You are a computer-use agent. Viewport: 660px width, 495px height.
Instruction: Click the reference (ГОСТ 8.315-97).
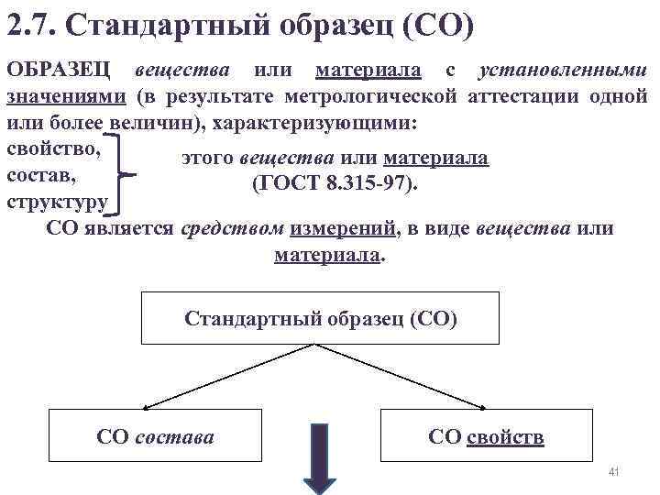(x=335, y=183)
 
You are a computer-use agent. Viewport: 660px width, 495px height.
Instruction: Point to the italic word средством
(x=234, y=228)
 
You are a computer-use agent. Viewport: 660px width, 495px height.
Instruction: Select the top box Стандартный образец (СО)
(x=320, y=318)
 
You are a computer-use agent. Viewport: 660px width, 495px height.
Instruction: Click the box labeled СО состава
(x=155, y=436)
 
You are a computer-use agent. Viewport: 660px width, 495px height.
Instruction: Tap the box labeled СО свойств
(x=486, y=436)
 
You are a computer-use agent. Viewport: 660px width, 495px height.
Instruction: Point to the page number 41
(x=614, y=472)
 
